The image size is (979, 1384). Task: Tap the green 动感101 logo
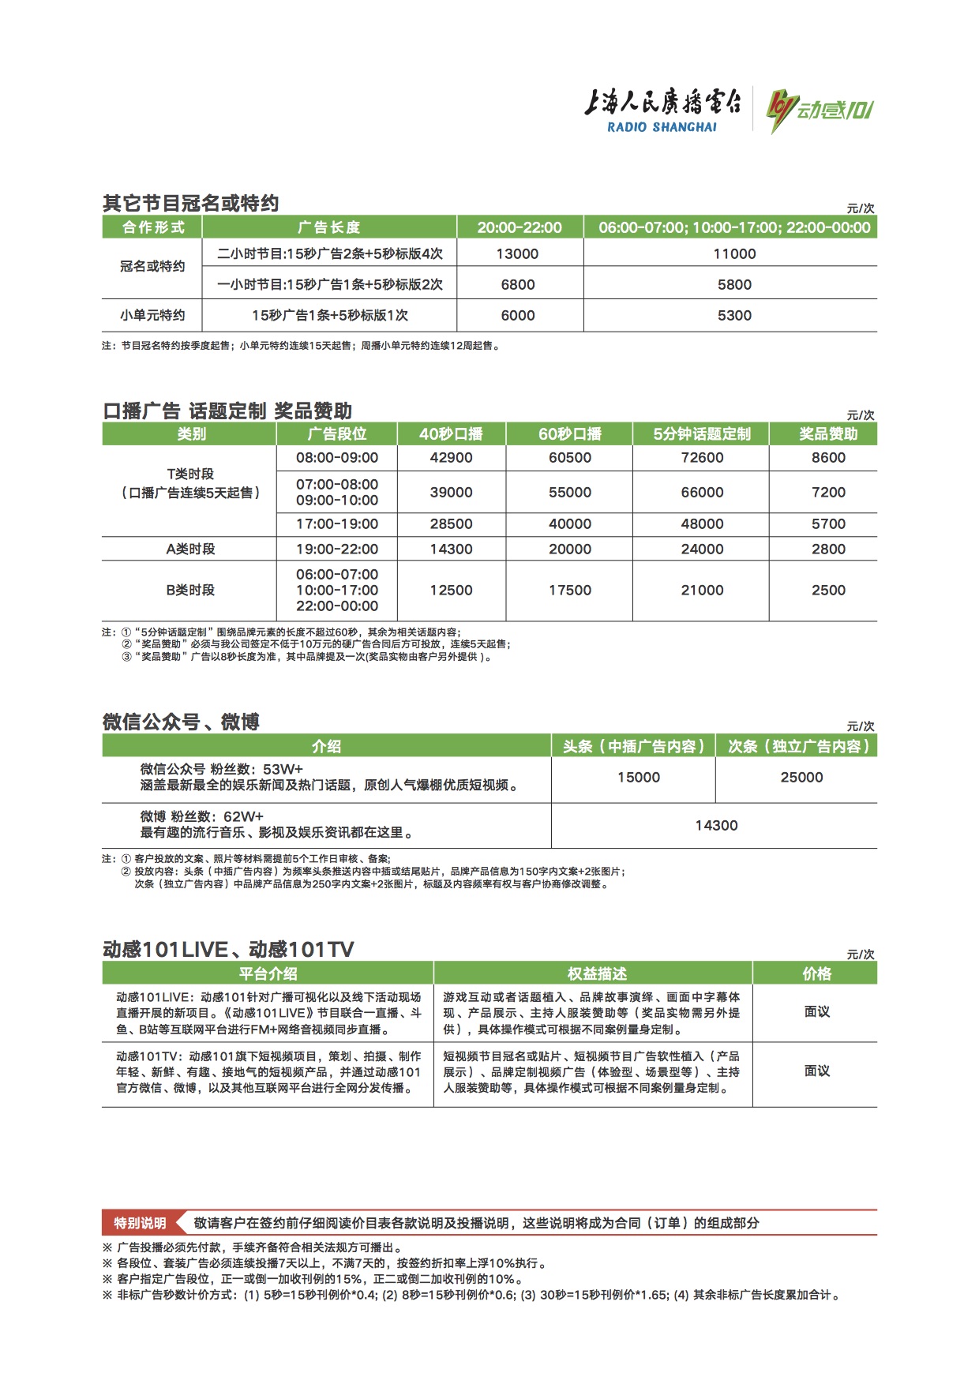click(x=820, y=110)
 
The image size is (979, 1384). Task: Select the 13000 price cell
click(x=518, y=253)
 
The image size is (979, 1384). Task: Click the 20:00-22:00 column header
click(x=520, y=227)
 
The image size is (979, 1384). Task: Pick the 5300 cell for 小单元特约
click(x=734, y=315)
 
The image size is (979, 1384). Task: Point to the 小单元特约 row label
click(x=152, y=315)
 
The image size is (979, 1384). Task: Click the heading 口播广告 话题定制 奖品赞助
click(x=227, y=411)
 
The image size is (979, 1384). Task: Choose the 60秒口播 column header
click(x=569, y=433)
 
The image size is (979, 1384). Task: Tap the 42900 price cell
click(x=451, y=458)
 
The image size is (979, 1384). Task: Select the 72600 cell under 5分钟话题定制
click(x=702, y=458)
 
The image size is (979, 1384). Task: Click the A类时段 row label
click(x=190, y=549)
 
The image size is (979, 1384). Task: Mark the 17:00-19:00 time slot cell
click(x=337, y=524)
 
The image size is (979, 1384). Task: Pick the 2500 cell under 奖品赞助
click(x=828, y=590)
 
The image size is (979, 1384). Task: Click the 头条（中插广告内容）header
click(x=633, y=746)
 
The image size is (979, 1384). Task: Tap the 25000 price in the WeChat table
click(x=801, y=778)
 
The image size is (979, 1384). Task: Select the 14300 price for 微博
click(x=716, y=826)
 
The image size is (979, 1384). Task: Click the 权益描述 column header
click(x=597, y=973)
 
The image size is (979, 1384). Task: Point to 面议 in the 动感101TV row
click(x=816, y=1071)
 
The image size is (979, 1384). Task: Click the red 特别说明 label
click(x=140, y=1223)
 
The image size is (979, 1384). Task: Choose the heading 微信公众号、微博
click(x=181, y=722)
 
